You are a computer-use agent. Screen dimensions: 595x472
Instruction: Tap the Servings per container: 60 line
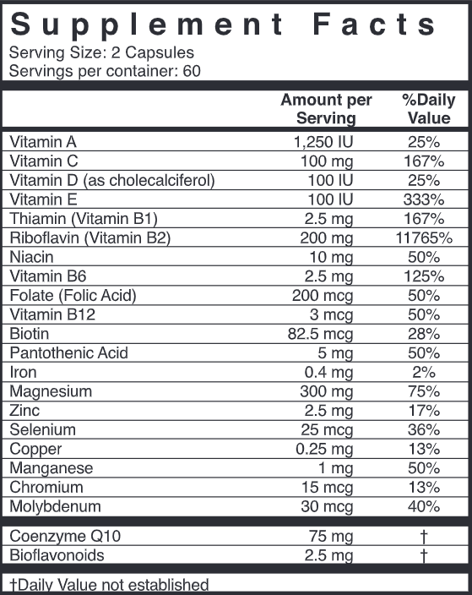[106, 71]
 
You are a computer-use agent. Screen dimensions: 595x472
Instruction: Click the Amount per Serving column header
[326, 109]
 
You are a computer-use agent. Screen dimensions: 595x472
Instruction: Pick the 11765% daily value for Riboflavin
[423, 238]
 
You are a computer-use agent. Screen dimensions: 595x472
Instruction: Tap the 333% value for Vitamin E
[423, 200]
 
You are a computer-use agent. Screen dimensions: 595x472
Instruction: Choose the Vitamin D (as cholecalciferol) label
[111, 181]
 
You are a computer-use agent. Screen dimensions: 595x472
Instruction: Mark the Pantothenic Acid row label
[68, 353]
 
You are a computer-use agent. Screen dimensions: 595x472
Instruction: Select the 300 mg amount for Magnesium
[325, 391]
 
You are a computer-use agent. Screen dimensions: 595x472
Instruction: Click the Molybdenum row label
[55, 506]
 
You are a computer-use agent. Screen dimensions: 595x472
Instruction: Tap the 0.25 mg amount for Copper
[325, 449]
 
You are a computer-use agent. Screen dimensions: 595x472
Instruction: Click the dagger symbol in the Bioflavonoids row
[423, 555]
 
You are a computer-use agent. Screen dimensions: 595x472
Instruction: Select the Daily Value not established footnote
[109, 584]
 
